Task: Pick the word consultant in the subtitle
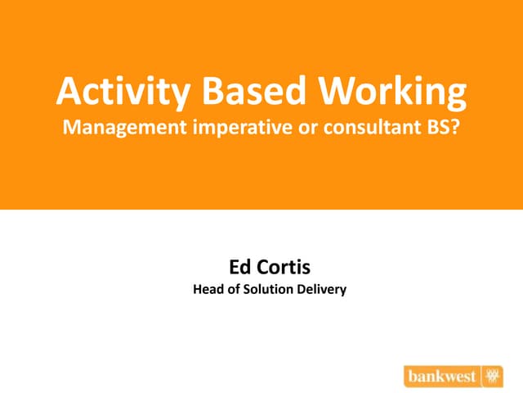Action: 360,129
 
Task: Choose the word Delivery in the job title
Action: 324,288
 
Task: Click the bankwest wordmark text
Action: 442,376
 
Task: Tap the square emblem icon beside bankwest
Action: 492,376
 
